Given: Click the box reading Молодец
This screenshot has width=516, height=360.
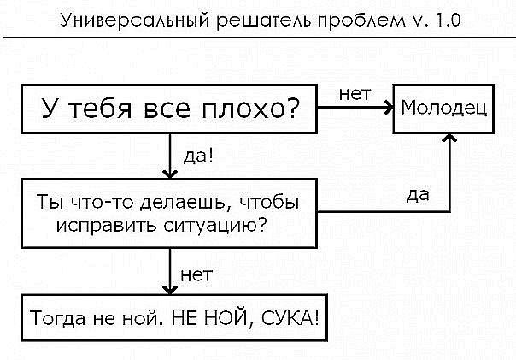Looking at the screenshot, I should pyautogui.click(x=444, y=109).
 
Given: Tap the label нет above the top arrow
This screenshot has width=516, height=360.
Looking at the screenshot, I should pyautogui.click(x=354, y=93).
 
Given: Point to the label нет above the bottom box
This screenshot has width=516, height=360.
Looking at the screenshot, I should pyautogui.click(x=196, y=274).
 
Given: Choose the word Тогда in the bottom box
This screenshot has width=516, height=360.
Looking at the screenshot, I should pyautogui.click(x=56, y=321).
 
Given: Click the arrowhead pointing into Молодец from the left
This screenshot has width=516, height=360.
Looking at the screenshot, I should pyautogui.click(x=386, y=109).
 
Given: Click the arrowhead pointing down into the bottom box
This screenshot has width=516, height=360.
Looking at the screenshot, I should pyautogui.click(x=170, y=290).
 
